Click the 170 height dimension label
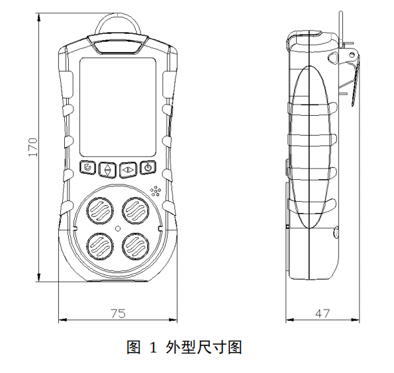click(33, 147)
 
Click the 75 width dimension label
click(118, 313)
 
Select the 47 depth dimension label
click(322, 313)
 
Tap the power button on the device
click(148, 167)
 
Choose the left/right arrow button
click(128, 170)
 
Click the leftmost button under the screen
click(87, 167)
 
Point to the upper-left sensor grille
click(100, 210)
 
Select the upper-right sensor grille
click(136, 210)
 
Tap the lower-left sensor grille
click(100, 246)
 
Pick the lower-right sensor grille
click(136, 246)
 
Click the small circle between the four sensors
click(118, 228)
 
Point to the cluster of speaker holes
click(156, 191)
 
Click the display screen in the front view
click(118, 107)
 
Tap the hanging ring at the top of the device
click(118, 15)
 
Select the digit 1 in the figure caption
click(153, 348)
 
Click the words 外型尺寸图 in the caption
click(203, 347)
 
